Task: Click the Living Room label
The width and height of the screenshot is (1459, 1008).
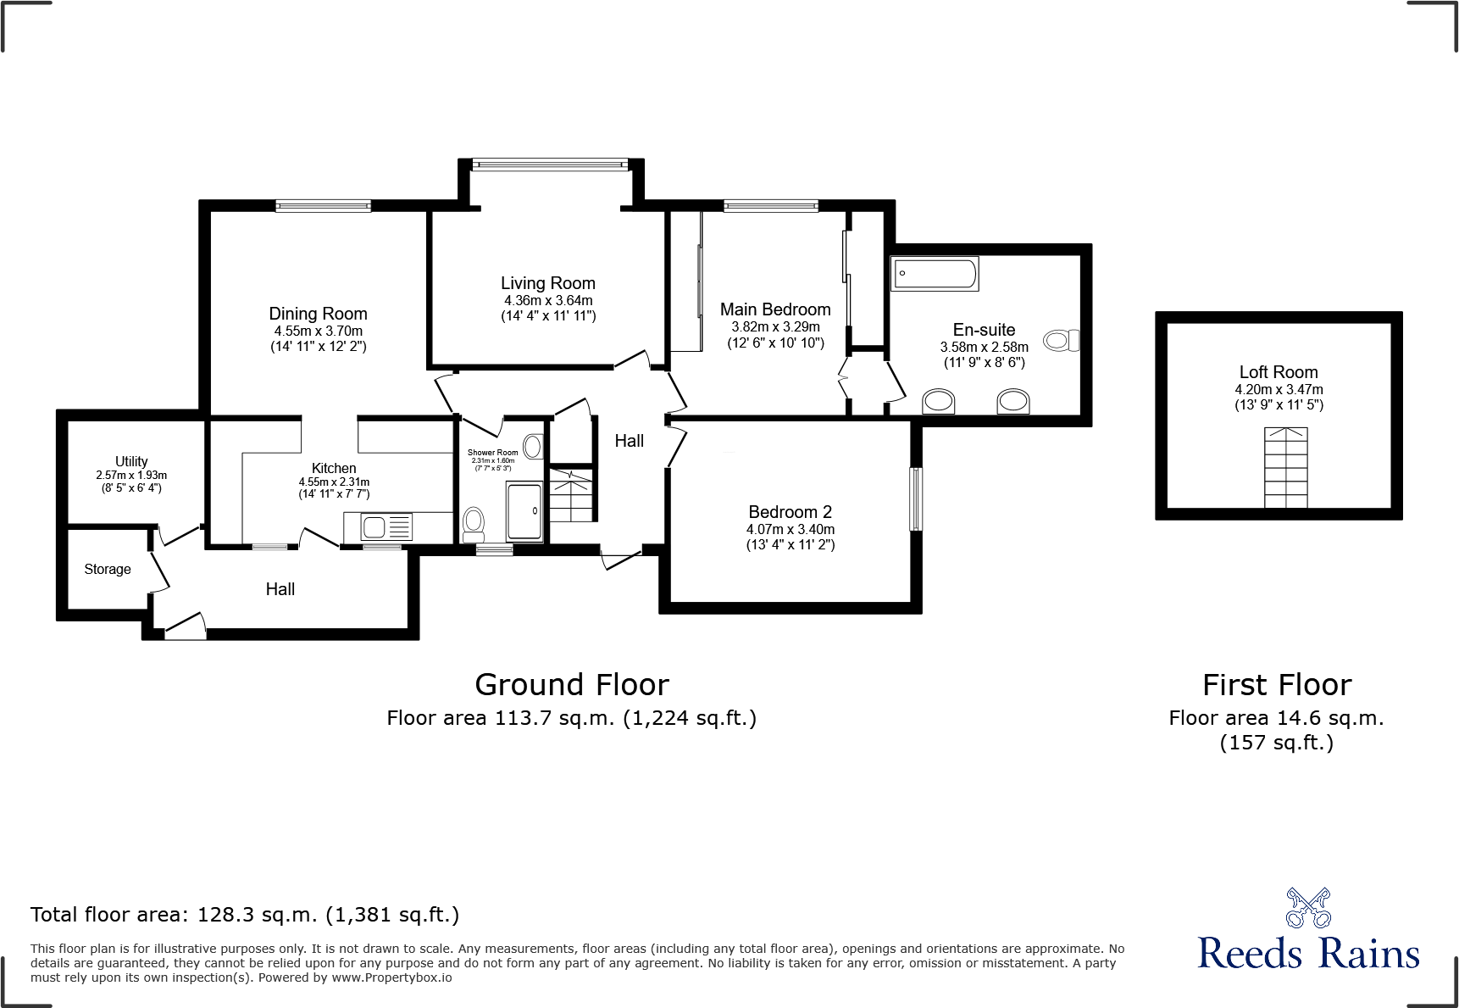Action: (x=547, y=283)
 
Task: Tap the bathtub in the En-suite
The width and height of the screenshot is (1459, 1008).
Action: (x=935, y=274)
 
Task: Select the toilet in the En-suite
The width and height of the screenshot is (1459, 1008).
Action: (x=1061, y=341)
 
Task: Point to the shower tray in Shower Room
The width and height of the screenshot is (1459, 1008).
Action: (x=524, y=511)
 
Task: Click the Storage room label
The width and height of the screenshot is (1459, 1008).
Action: (x=108, y=570)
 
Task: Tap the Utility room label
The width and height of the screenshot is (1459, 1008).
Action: (x=131, y=461)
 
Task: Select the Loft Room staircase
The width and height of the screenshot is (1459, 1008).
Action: (x=1285, y=468)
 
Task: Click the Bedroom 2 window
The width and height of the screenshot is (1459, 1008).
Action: (x=915, y=499)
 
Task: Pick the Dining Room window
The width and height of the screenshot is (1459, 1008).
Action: (x=323, y=205)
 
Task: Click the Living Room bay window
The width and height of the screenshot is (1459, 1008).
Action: (x=550, y=164)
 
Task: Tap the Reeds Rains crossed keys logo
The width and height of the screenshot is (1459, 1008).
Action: (x=1308, y=909)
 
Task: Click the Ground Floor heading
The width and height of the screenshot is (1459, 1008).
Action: (x=571, y=685)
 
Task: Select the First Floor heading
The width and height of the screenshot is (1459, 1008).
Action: (x=1276, y=685)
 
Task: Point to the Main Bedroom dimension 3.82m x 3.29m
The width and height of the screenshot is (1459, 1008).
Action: (x=775, y=326)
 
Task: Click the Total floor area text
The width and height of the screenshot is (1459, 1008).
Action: (x=244, y=915)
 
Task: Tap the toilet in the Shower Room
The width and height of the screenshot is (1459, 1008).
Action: (x=474, y=523)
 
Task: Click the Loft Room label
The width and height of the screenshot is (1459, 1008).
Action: (x=1278, y=372)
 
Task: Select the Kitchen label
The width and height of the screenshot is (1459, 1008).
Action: (x=334, y=468)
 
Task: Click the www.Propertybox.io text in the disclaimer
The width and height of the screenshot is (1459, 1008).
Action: (x=391, y=977)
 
